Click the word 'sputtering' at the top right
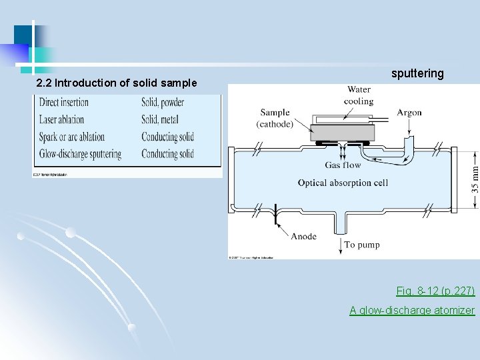pos(417,73)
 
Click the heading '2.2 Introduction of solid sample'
pos(117,83)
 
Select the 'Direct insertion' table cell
pos(64,103)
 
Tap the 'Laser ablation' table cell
pos(61,120)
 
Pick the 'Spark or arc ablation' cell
pos(72,137)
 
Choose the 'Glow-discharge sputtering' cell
pos(80,154)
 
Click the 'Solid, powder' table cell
pos(163,103)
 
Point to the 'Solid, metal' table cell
pos(160,120)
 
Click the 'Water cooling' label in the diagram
pos(358,95)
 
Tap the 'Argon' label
pos(409,113)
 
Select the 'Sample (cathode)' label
pos(275,119)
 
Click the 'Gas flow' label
pos(343,165)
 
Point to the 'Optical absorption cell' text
pos(343,183)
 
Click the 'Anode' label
pos(303,236)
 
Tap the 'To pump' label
pos(362,245)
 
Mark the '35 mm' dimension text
pos(475,175)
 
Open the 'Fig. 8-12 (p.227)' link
pos(435,291)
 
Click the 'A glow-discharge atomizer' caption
pos(412,311)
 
